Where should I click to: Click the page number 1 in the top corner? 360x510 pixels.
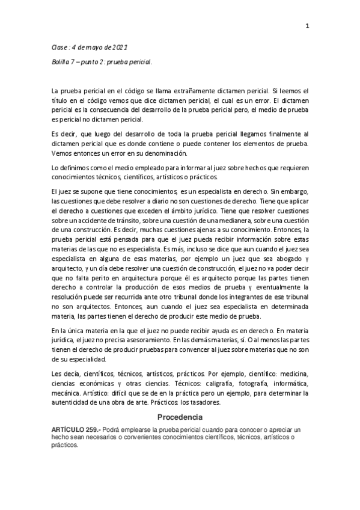[x=307, y=26]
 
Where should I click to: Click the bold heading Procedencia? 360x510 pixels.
[x=180, y=416]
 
